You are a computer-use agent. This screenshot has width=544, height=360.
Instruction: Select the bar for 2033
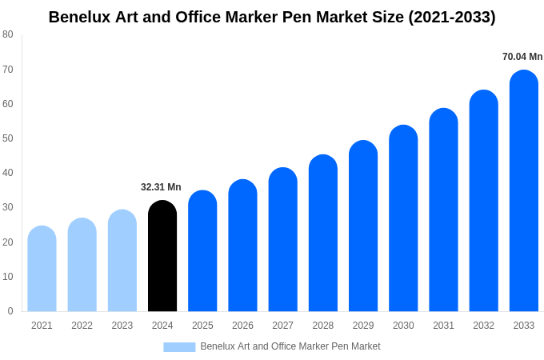tap(524, 192)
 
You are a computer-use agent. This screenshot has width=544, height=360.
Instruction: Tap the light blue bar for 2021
tap(42, 270)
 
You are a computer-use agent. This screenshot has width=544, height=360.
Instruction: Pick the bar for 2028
tap(323, 234)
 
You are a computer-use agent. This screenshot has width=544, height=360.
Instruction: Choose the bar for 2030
tap(403, 219)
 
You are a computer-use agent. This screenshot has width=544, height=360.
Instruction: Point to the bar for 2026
tap(242, 246)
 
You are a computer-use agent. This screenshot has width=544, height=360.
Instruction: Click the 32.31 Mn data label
tap(161, 187)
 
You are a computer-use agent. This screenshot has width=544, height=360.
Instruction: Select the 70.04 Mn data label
tap(522, 57)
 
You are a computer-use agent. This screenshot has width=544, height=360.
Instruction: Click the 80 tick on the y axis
tap(7, 34)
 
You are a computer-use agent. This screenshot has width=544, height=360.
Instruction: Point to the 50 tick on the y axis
tap(7, 138)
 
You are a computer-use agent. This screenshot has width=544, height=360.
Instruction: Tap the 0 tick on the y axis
tap(10, 311)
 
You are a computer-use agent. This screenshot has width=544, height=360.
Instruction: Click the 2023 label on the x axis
tap(122, 326)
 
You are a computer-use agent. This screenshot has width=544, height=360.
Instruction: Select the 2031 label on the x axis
tap(443, 326)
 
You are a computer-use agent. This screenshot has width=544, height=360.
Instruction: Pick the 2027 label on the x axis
tap(282, 326)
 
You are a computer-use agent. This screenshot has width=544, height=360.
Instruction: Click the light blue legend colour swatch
tap(179, 346)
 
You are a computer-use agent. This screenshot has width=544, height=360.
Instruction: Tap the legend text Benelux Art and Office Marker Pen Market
tap(290, 346)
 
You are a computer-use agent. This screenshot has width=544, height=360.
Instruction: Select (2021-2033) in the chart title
tap(452, 17)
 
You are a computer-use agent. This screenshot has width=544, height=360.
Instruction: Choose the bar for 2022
tap(82, 266)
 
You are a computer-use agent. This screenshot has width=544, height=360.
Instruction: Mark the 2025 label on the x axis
tap(202, 326)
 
